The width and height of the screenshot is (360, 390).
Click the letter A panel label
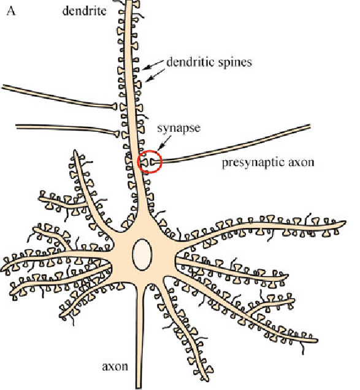click(x=11, y=11)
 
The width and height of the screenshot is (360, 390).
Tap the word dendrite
click(x=85, y=11)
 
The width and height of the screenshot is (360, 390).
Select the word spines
click(x=235, y=63)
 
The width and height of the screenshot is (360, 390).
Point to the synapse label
click(x=178, y=128)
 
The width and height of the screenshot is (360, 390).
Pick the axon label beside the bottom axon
click(x=115, y=366)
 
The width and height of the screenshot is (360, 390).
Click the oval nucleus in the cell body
click(x=142, y=254)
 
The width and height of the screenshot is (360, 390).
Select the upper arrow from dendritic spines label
click(x=154, y=64)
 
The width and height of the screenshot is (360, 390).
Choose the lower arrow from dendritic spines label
click(x=155, y=75)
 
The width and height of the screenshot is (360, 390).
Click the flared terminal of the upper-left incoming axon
click(x=114, y=106)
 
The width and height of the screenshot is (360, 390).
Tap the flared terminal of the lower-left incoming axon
click(x=117, y=134)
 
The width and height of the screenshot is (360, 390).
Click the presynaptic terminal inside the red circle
click(x=153, y=162)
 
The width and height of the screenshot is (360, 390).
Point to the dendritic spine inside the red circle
click(x=144, y=162)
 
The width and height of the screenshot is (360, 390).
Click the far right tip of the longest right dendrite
click(x=345, y=223)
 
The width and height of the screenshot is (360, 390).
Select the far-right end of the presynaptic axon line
click(x=310, y=126)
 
